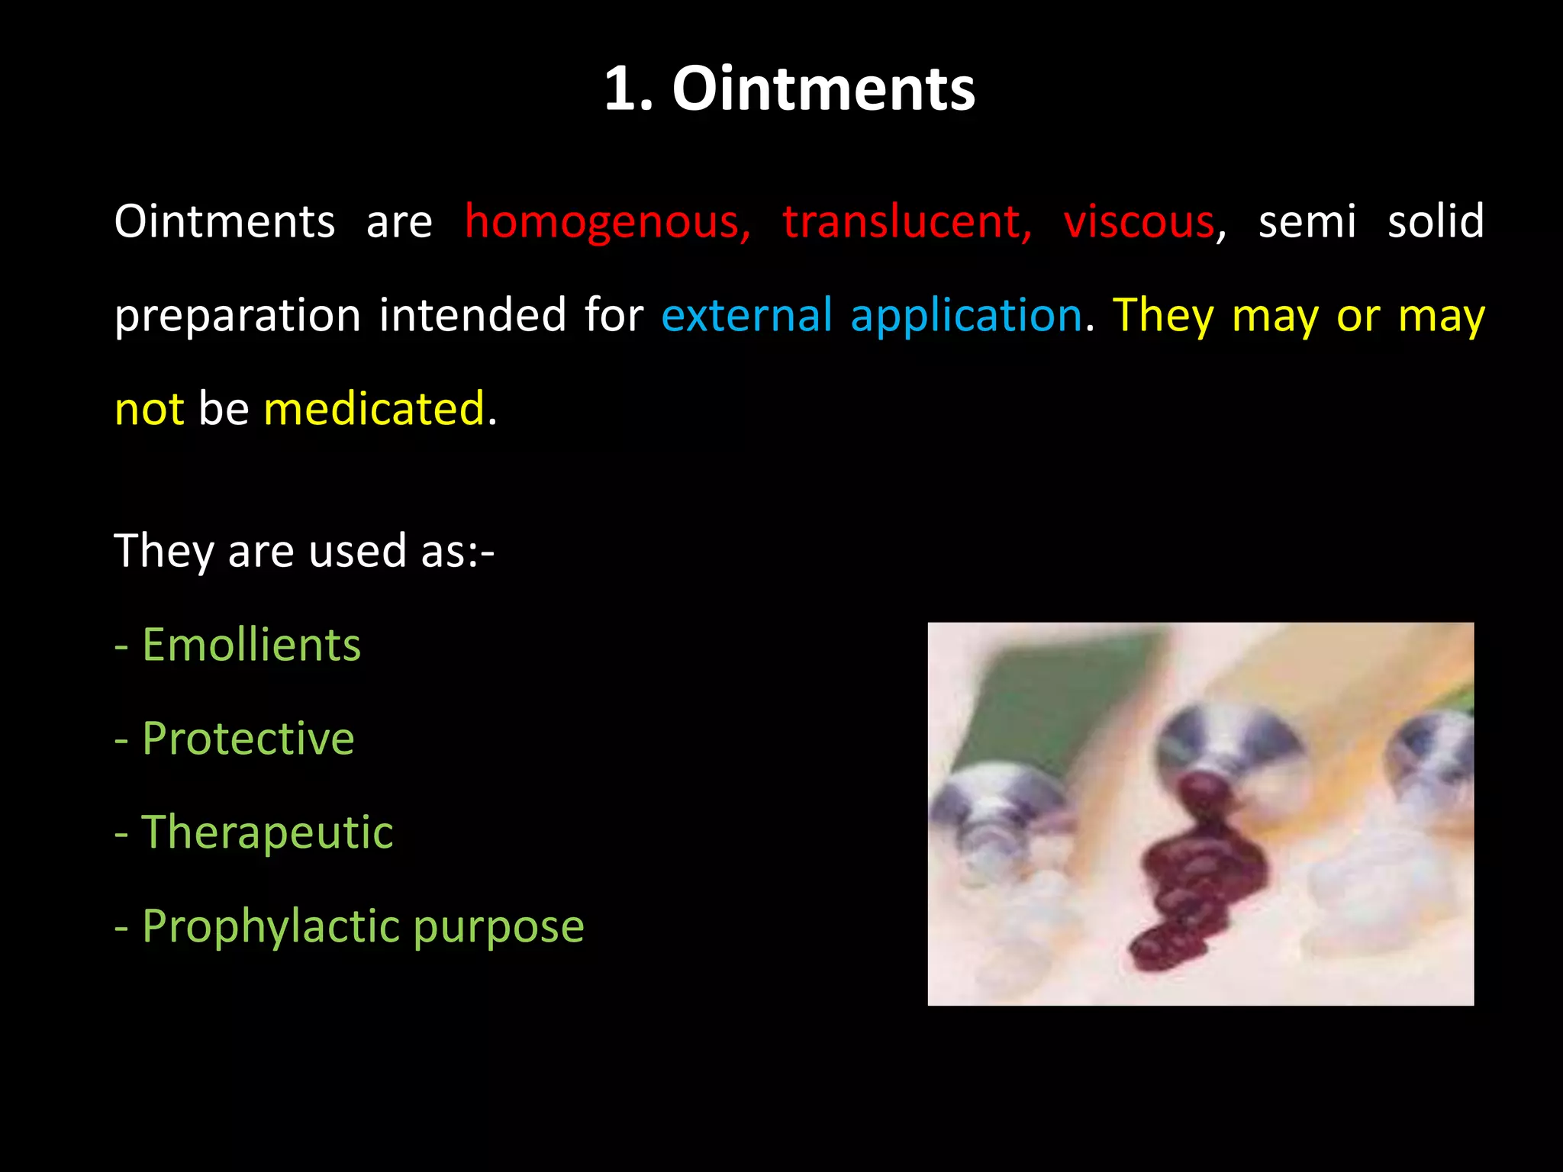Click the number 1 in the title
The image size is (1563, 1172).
[x=620, y=89]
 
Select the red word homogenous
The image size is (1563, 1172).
[x=607, y=222]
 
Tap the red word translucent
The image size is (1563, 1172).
[x=907, y=222]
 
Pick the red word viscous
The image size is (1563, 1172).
[x=1139, y=222]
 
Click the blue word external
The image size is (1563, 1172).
[x=746, y=315]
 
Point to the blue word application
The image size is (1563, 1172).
[x=966, y=317]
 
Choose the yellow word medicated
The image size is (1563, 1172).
[x=374, y=409]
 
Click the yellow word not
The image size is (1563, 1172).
[x=149, y=410]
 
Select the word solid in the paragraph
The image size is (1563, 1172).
[x=1436, y=222]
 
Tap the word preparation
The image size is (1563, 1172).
[x=237, y=317]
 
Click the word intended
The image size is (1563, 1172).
[x=473, y=315]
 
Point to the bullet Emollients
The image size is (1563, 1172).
[x=251, y=645]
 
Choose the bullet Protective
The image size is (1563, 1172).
[x=248, y=739]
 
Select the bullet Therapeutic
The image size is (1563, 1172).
[x=267, y=832]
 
